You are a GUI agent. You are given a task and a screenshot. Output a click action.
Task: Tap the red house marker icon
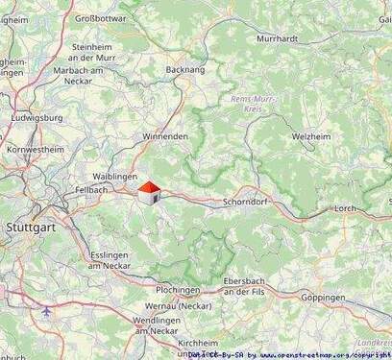coord(149,194)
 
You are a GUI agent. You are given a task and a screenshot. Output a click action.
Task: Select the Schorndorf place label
coord(249,204)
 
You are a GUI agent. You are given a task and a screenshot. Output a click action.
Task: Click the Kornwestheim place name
coord(33,151)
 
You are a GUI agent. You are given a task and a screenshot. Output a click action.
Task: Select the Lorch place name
coord(344,207)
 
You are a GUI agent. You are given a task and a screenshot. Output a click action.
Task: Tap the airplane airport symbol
coord(48,311)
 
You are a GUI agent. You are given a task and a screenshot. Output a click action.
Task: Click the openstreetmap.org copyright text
coord(318,354)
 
